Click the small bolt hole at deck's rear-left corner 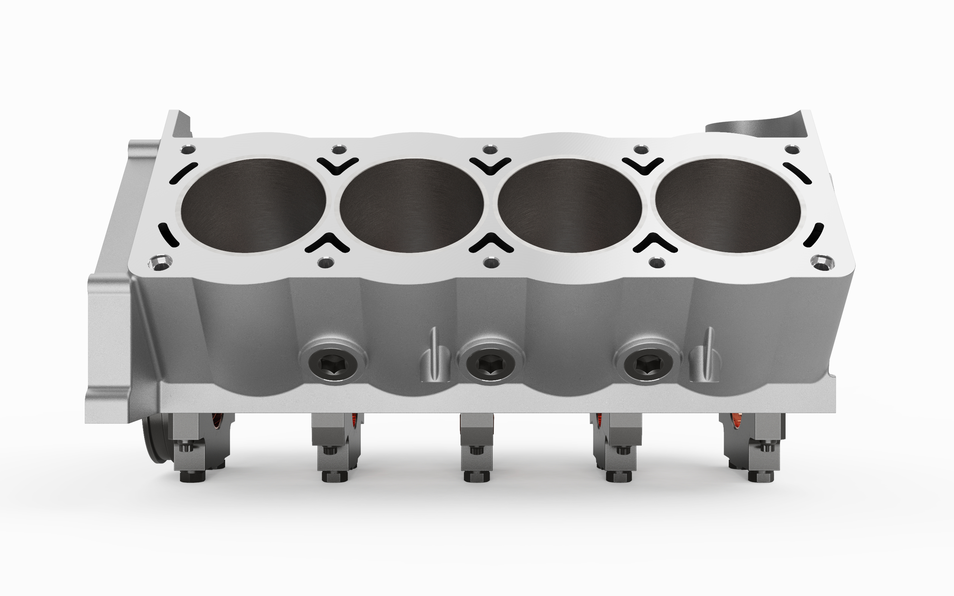(188, 150)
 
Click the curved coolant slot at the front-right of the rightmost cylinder (813, 235)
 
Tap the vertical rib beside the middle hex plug (434, 357)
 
